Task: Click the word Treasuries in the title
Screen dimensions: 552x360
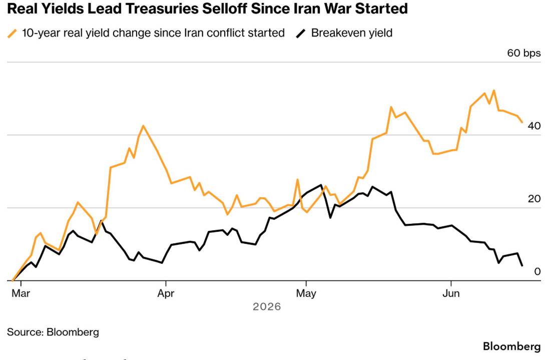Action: pos(162,9)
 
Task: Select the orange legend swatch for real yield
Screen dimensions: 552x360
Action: pos(13,34)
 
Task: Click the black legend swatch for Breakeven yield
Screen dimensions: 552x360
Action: pos(301,34)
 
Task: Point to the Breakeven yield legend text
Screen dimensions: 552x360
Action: pos(352,33)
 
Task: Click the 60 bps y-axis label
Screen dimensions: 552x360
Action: pos(524,53)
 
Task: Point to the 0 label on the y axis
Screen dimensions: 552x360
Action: pos(537,271)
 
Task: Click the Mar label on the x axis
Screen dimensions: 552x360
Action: pos(21,293)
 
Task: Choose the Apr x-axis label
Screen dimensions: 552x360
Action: pos(166,293)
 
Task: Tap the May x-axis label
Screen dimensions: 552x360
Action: pos(306,293)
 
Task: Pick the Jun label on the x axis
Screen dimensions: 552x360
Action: pos(451,293)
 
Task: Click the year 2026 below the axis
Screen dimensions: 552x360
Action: pos(267,307)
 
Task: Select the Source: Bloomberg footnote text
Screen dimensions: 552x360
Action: pos(53,332)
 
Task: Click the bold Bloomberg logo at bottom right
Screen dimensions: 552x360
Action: pos(511,346)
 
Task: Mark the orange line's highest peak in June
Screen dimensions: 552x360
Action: pos(493,91)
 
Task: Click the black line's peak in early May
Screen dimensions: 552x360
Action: pos(321,185)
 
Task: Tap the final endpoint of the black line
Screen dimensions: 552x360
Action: pos(522,265)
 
